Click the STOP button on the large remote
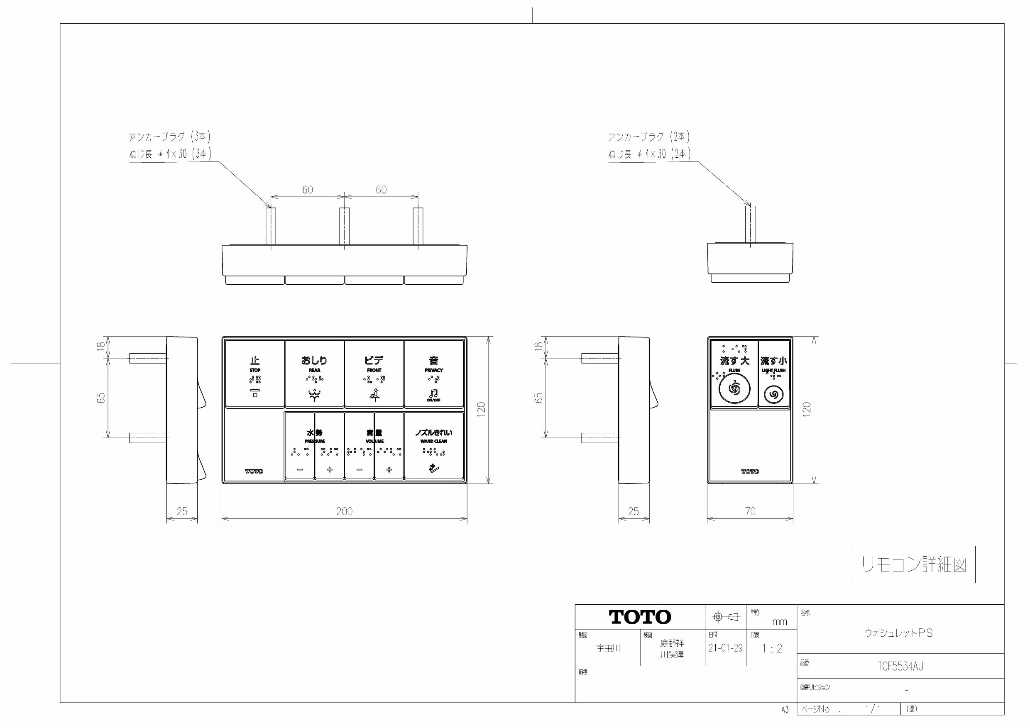[254, 373]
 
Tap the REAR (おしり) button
[314, 373]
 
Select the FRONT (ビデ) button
[374, 373]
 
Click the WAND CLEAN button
[433, 446]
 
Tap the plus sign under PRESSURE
[329, 470]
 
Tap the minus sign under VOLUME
[360, 470]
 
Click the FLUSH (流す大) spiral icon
[734, 388]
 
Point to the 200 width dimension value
[344, 511]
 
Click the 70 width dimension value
[750, 511]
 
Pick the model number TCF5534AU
[900, 667]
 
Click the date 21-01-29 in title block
[725, 648]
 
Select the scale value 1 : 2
[772, 649]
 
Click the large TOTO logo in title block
[640, 617]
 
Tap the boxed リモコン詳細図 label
[914, 564]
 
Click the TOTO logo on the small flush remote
[750, 471]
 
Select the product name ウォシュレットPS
[898, 633]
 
